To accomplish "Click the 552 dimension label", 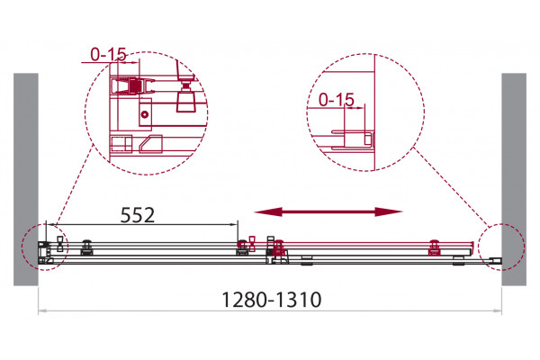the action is pyautogui.click(x=138, y=215).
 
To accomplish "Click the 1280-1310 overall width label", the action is pyautogui.click(x=272, y=300).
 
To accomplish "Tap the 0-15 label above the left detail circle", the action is pyautogui.click(x=109, y=54).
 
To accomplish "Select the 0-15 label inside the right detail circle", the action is pyautogui.click(x=336, y=100).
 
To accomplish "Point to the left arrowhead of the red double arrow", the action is pyautogui.click(x=268, y=211).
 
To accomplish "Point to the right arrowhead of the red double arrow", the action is pyautogui.click(x=389, y=211).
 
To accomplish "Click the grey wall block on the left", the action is pyautogui.click(x=26, y=179).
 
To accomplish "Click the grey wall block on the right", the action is pyautogui.click(x=514, y=179).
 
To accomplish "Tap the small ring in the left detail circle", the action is pyautogui.click(x=145, y=114).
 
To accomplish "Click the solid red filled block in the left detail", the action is pyautogui.click(x=135, y=86).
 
